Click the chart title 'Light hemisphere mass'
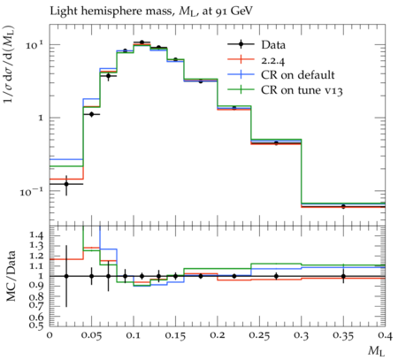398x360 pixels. (x=111, y=11)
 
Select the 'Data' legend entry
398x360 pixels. (x=273, y=45)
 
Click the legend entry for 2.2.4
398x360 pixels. (x=273, y=60)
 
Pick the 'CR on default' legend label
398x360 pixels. (x=298, y=75)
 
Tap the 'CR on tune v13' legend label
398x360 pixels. (x=302, y=90)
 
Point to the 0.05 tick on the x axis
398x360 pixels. (x=91, y=336)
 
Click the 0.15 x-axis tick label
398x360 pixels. (x=175, y=336)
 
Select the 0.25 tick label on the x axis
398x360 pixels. (x=259, y=336)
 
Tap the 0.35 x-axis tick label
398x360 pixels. (x=343, y=336)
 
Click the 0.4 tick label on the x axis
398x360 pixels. (x=386, y=336)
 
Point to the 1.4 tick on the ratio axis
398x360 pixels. (x=36, y=235)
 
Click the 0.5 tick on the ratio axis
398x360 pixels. (x=36, y=326)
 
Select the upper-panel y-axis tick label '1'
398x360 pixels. (x=42, y=118)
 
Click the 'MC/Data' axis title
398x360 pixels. (x=11, y=276)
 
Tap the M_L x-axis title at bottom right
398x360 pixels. (x=377, y=351)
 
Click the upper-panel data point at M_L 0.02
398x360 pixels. (x=66, y=184)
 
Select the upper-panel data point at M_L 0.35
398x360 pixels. (x=343, y=206)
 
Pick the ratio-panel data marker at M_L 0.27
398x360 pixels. (x=276, y=276)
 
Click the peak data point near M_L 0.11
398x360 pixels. (x=142, y=42)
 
